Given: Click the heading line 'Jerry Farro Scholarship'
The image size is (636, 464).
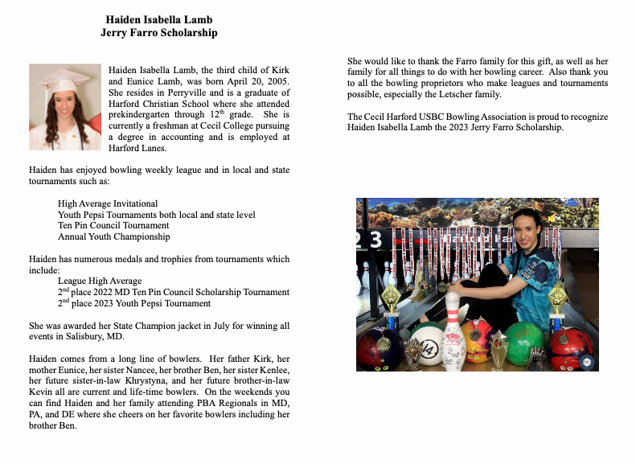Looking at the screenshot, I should [158, 33].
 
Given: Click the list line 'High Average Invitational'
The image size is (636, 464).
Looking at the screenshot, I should [108, 203].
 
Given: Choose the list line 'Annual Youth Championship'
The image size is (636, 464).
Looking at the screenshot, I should [113, 237].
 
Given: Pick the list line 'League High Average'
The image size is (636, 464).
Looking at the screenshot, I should [101, 281].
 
